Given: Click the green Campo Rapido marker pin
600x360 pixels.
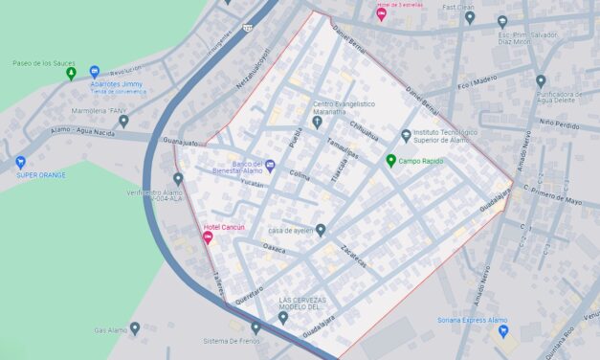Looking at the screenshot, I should pyautogui.click(x=389, y=160).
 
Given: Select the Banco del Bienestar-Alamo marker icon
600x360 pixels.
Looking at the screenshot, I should pyautogui.click(x=270, y=167).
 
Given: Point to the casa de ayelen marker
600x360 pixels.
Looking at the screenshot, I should pyautogui.click(x=321, y=230).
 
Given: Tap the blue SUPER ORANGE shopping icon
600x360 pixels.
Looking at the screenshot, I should pyautogui.click(x=21, y=162).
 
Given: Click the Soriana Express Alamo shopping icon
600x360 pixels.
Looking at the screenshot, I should pyautogui.click(x=503, y=331).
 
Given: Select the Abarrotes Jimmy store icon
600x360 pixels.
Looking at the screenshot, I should pyautogui.click(x=95, y=72).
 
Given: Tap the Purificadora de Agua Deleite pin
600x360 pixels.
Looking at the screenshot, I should pyautogui.click(x=541, y=81).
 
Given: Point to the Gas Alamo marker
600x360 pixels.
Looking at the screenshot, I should pyautogui.click(x=135, y=328).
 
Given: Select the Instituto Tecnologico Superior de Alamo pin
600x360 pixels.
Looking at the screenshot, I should pyautogui.click(x=406, y=135).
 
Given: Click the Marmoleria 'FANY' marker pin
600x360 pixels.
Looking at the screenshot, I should pyautogui.click(x=123, y=122).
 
